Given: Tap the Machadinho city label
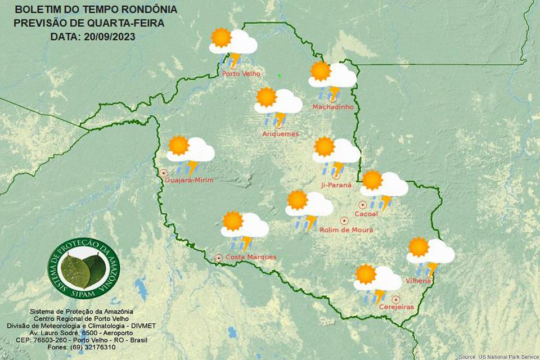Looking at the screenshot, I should tap(332, 106).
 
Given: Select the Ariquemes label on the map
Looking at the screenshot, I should tap(280, 134).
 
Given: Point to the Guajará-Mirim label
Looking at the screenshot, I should tap(190, 180).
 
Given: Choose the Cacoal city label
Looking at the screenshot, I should tap(366, 214).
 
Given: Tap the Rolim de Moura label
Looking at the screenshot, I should tap(346, 229).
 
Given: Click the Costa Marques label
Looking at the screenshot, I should tap(250, 257).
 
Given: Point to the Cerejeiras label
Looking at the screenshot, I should tap(396, 307).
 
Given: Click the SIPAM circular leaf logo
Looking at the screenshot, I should tap(83, 268).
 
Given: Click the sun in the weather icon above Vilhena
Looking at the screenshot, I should tap(418, 247).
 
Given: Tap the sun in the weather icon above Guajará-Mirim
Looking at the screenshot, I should tap(179, 145).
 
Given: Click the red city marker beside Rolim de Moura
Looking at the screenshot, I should tap(344, 220).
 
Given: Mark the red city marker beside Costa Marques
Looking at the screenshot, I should tap(218, 258).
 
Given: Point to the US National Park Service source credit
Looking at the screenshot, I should tap(497, 357).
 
